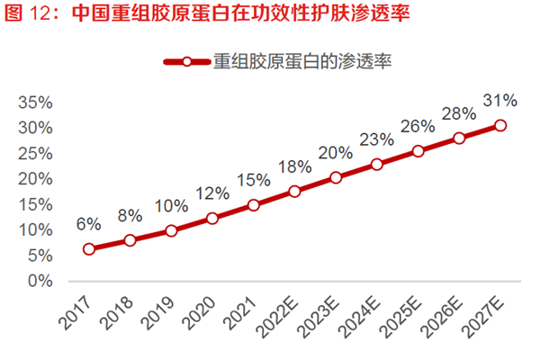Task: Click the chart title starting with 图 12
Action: coord(207,16)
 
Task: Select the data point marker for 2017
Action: coord(89,249)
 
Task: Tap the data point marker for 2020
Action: coord(212,218)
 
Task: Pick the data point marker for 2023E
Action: coord(336,177)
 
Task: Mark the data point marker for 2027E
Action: coord(500,125)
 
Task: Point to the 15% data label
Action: coord(253,179)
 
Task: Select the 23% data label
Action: coord(377,139)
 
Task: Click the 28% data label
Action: coord(459,114)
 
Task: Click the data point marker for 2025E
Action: coord(418,151)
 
